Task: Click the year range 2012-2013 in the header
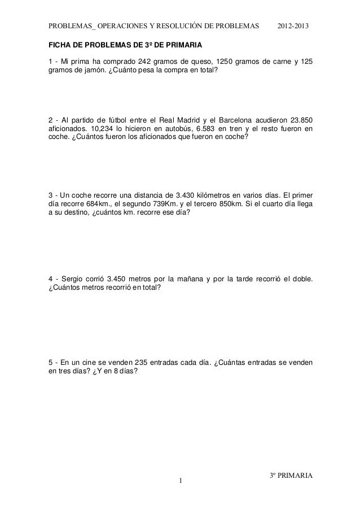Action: point(293,27)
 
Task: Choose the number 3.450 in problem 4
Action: point(118,278)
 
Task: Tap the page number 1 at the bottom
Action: point(180,481)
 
